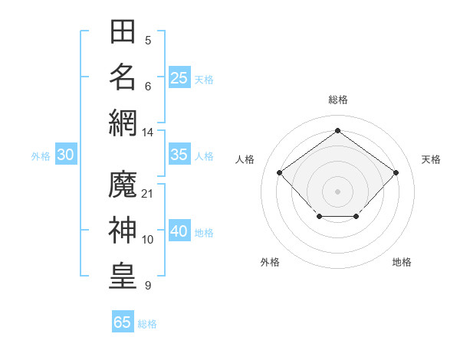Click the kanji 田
point(123,31)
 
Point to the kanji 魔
point(123,185)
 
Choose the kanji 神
point(123,229)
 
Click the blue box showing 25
point(179,77)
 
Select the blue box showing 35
point(179,155)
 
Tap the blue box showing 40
point(179,231)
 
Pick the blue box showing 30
point(66,155)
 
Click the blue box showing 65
point(123,322)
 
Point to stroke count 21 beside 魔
point(148,193)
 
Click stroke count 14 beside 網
point(148,132)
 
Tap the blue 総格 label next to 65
point(147,324)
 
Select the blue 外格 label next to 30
point(41,156)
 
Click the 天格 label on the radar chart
point(431,159)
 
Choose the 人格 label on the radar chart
point(245,159)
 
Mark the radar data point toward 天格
point(396,172)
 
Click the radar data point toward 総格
point(337,130)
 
